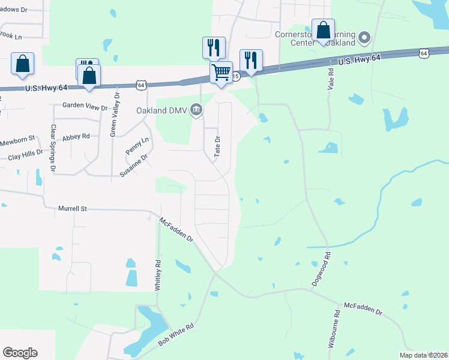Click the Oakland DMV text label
161,110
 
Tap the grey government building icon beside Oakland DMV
196,110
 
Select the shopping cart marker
221,73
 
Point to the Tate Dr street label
218,146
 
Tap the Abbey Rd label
76,136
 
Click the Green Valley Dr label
113,115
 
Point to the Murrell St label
73,209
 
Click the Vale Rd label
331,79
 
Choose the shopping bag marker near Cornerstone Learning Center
323,30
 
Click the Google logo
20,353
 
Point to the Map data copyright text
423,355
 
